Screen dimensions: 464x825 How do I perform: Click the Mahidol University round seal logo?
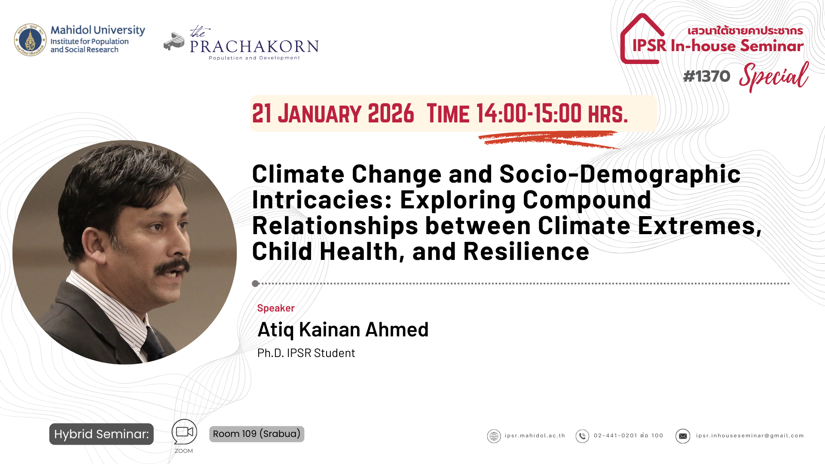point(30,40)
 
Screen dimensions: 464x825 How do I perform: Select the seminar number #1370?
point(706,76)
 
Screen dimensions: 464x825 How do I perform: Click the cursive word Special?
point(773,76)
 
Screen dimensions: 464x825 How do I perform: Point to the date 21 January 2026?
point(333,114)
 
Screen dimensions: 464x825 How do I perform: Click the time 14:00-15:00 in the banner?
point(529,114)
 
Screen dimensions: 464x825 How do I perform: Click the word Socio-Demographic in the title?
point(620,174)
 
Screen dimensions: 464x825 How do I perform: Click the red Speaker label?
point(275,308)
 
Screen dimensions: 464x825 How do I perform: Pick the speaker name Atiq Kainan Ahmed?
point(342,330)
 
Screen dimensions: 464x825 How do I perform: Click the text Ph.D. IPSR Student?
point(306,353)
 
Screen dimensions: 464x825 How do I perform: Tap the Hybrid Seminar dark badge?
point(101,434)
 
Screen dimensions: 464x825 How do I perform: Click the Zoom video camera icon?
point(184,432)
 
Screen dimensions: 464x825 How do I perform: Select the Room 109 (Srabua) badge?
point(257,434)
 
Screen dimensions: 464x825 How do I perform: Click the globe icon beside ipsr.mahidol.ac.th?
point(494,436)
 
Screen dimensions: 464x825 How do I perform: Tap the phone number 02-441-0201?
point(615,436)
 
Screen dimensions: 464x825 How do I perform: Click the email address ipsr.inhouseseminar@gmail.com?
point(749,436)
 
